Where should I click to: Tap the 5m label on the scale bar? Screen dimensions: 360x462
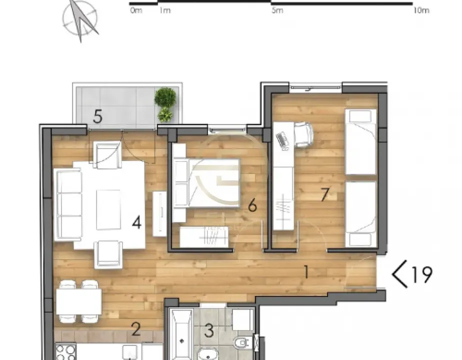(x=277, y=10)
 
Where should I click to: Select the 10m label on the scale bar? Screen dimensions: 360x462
(x=421, y=10)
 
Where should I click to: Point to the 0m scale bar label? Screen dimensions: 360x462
(x=135, y=10)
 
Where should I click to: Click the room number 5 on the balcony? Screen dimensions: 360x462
(x=97, y=117)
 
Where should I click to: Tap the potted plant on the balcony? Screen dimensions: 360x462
(x=165, y=104)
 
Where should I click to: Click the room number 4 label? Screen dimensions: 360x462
(x=136, y=222)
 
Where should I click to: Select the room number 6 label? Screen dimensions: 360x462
(x=252, y=205)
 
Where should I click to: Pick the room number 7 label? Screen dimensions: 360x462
(x=325, y=194)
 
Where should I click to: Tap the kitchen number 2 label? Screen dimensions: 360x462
(x=135, y=329)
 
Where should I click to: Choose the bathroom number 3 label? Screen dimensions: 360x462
(x=209, y=330)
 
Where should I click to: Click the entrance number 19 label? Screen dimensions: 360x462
(x=421, y=274)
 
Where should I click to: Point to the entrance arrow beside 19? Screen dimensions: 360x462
(x=399, y=275)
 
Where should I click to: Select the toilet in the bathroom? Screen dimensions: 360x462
(x=241, y=343)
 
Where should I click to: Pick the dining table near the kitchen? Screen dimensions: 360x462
(x=79, y=301)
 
